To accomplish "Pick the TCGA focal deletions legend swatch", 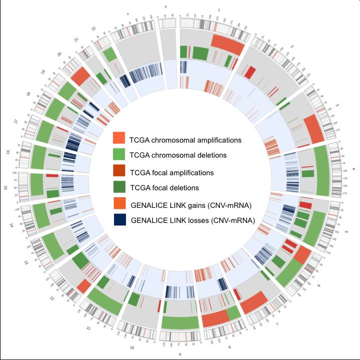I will [119, 187].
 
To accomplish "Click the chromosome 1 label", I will [218, 10].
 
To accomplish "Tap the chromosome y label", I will [166, 7].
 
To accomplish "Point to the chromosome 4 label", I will [353, 169].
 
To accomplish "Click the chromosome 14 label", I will [11, 225].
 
